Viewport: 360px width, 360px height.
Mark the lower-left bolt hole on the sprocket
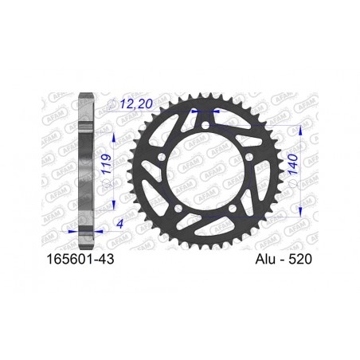pos(180,209)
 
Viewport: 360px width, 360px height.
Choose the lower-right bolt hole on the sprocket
pos(230,209)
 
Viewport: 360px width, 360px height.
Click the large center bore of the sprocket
pos(205,171)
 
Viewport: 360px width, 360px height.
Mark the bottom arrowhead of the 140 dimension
pos(300,208)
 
